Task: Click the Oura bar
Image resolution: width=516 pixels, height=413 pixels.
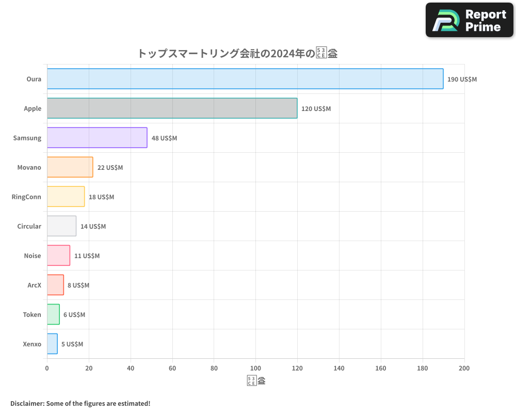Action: (245, 79)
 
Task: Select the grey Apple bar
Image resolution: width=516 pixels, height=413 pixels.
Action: (172, 108)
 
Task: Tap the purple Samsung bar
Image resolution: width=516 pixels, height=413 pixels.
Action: (97, 138)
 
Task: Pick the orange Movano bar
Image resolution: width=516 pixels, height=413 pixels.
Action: (70, 167)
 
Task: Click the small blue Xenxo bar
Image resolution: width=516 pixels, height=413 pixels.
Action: (52, 344)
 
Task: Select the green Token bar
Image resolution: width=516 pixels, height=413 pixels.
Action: (53, 314)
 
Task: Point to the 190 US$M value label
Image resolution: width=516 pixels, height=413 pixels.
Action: (462, 80)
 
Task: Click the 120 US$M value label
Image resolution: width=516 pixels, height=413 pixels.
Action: (316, 109)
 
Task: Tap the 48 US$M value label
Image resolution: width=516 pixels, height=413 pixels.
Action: (164, 138)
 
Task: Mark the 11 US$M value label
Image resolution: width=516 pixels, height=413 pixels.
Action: (87, 256)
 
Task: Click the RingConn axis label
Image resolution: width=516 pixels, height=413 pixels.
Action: (26, 197)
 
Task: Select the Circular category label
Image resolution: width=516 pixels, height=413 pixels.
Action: (29, 226)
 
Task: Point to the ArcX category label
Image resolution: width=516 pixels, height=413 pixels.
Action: (34, 285)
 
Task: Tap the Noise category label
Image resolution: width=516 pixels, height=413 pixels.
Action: (32, 256)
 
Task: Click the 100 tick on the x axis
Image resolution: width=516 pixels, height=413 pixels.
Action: (255, 368)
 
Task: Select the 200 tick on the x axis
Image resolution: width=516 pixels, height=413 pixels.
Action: (464, 368)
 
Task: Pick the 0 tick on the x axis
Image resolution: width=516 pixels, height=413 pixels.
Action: (47, 368)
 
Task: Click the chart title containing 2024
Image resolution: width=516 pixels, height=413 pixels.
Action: (237, 53)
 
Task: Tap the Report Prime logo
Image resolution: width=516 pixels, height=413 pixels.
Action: (469, 20)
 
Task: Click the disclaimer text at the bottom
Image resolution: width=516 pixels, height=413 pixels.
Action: (80, 403)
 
